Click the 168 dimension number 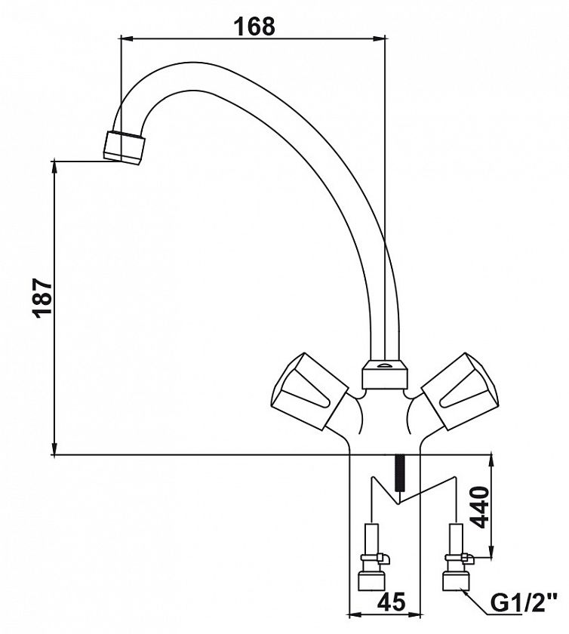pyautogui.click(x=254, y=26)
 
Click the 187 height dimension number pyautogui.click(x=43, y=298)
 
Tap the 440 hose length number pyautogui.click(x=481, y=507)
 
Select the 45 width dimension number pyautogui.click(x=391, y=602)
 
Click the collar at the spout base pyautogui.click(x=383, y=375)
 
